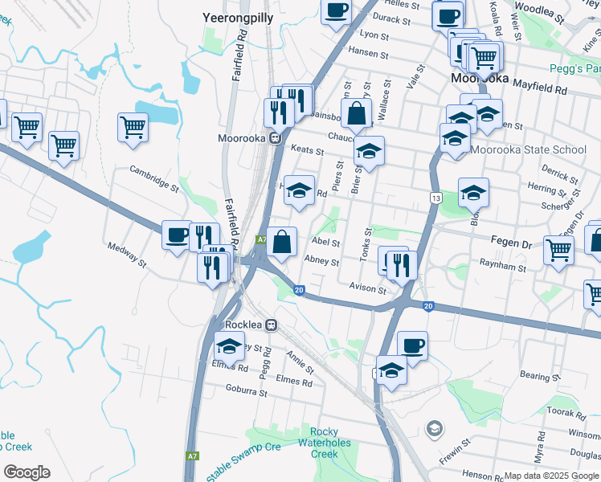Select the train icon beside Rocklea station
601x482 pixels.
point(272,325)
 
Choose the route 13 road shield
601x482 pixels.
point(435,198)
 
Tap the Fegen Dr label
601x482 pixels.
point(512,239)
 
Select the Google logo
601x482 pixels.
point(27,472)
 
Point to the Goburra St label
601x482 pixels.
point(247,390)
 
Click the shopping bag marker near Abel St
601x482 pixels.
point(281,242)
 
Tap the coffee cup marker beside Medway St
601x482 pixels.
point(177,235)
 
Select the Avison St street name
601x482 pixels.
point(368,287)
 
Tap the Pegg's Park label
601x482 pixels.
point(574,69)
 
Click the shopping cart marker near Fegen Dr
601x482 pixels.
point(558,248)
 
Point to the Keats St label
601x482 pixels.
point(307,150)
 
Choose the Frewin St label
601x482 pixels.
point(455,455)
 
